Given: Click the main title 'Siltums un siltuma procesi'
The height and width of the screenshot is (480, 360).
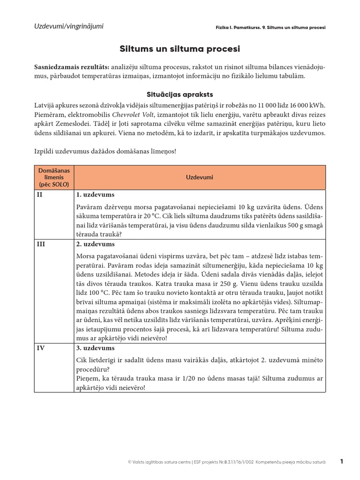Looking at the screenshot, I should click(180, 49).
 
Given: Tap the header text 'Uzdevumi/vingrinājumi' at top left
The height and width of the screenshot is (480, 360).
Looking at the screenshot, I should click(69, 26).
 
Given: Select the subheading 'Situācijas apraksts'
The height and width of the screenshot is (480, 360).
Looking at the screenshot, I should click(180, 94).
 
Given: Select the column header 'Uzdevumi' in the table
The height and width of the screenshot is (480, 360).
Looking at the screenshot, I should click(199, 178).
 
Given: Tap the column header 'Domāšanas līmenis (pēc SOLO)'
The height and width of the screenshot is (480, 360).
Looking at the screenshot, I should click(54, 178).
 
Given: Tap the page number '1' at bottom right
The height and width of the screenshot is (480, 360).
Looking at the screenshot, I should click(342, 462).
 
